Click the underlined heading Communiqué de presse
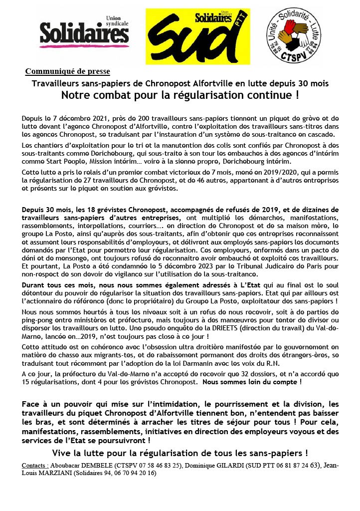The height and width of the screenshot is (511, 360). tap(67, 71)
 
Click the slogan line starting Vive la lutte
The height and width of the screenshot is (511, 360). tap(180, 453)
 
